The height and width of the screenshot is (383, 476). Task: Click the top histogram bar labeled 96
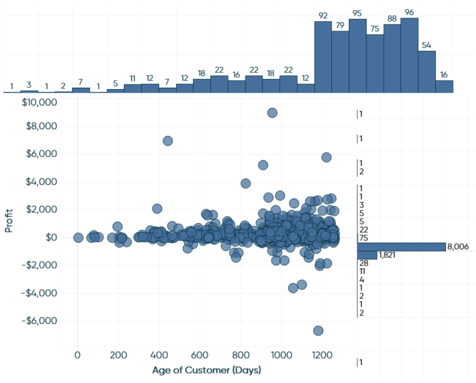(x=409, y=55)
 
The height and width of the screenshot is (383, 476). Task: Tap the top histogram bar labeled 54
(x=426, y=71)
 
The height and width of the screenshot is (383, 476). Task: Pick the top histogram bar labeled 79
(x=340, y=61)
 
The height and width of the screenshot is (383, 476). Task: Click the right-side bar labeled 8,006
(x=401, y=246)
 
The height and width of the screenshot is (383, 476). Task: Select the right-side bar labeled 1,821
(x=367, y=255)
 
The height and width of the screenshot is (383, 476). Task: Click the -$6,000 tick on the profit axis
(x=40, y=321)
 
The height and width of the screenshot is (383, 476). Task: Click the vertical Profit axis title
(x=10, y=220)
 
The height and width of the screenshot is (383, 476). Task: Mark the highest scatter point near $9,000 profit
(x=272, y=113)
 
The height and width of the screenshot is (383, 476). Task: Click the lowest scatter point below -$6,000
(x=318, y=331)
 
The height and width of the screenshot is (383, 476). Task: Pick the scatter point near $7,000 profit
(x=168, y=141)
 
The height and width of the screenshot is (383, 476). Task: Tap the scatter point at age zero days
(x=78, y=238)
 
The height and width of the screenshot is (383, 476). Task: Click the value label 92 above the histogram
(x=323, y=15)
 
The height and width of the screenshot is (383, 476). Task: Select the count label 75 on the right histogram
(x=364, y=238)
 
